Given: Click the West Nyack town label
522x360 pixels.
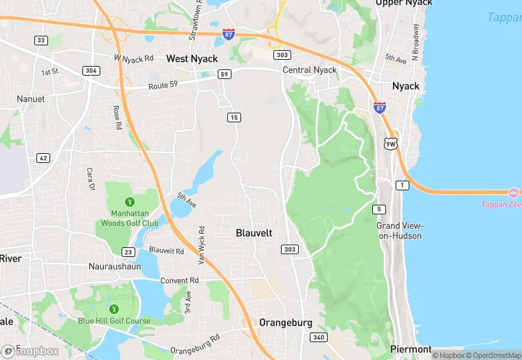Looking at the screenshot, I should point(192,59).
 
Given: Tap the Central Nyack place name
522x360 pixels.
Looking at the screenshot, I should point(310,70).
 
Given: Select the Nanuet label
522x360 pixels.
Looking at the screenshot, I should point(30,99).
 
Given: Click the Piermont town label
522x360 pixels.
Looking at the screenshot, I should point(411,349).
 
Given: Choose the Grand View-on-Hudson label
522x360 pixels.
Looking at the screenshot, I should point(400,231).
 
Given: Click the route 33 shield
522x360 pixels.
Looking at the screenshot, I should point(41,41).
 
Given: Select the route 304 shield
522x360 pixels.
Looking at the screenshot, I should point(90,71).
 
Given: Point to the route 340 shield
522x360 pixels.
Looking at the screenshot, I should point(318,337).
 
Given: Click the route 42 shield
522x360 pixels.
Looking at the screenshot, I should point(43,158).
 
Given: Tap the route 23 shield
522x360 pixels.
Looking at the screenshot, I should point(128,252).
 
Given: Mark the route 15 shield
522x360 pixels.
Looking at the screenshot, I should point(234,118).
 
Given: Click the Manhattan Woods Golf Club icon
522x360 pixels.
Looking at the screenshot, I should point(129,202).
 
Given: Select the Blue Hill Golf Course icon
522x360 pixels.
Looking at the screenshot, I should point(114,308).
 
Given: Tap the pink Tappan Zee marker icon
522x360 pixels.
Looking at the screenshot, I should point(514,192).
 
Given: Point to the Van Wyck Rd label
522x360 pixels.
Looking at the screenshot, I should point(203,245).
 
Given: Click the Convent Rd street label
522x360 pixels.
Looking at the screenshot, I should point(179,280).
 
